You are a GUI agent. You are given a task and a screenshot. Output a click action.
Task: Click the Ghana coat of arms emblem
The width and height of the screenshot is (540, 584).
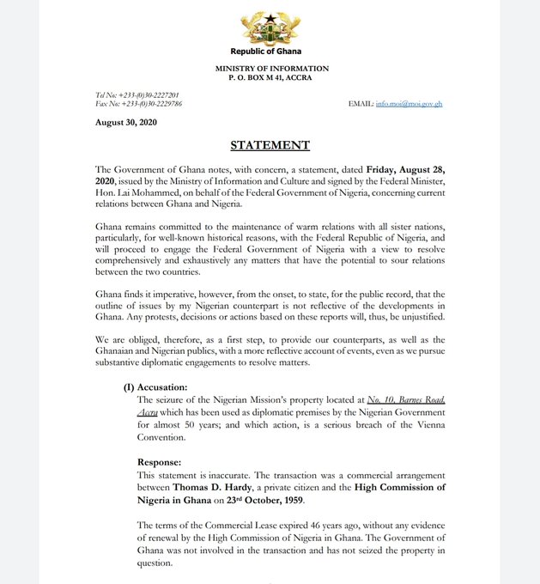[x=270, y=28]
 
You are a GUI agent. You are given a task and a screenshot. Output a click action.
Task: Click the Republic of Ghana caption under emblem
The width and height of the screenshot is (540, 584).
[x=270, y=52]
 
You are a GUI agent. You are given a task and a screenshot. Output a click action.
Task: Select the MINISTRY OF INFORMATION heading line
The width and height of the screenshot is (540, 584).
[x=272, y=69]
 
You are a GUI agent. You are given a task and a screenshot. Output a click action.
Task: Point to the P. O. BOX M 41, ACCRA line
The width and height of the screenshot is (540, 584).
[x=271, y=78]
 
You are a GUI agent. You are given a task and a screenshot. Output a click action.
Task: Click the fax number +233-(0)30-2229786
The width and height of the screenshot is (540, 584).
[x=152, y=104]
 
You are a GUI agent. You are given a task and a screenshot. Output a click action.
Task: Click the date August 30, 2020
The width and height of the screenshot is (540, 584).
[x=125, y=123]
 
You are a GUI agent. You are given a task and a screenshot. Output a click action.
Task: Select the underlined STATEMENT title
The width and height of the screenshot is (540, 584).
[x=270, y=145]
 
